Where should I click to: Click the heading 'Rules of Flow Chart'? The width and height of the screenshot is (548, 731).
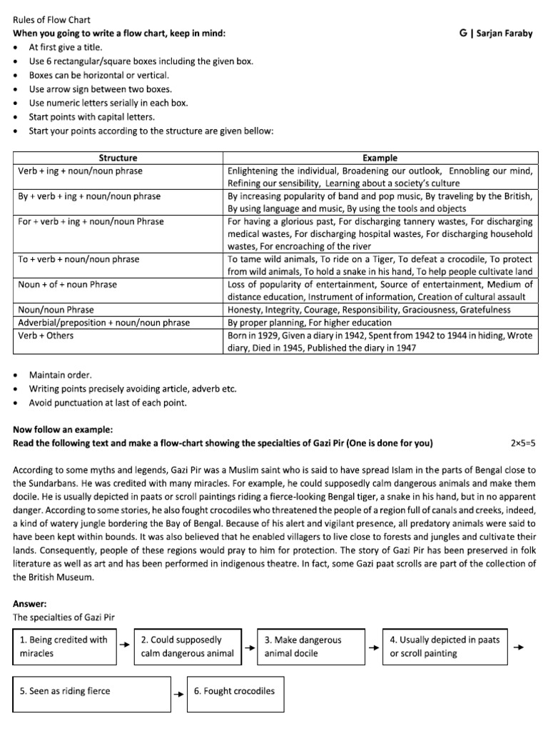coord(51,20)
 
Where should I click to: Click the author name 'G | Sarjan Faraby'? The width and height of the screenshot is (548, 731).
coord(497,34)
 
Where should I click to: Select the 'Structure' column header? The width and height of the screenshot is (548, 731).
coord(118,158)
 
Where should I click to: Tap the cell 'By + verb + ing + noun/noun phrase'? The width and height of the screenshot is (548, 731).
coord(89,196)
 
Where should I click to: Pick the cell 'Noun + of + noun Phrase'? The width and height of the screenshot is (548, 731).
coord(67,284)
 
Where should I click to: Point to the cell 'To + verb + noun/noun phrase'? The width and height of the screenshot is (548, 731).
coord(78,259)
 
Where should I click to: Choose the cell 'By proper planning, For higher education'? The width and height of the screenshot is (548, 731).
coord(309,323)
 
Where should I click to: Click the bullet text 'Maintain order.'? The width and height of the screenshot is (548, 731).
coord(60,375)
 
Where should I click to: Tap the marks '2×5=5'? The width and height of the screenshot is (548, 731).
coord(522,443)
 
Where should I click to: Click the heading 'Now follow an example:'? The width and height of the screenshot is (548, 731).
coord(63,430)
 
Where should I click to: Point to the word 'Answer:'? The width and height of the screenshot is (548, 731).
coord(30,603)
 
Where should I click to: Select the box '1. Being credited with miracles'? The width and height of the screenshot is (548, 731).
coord(64,646)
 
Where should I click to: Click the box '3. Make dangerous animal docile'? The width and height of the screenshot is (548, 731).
coord(311,646)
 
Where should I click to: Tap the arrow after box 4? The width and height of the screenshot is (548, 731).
coord(519,647)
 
